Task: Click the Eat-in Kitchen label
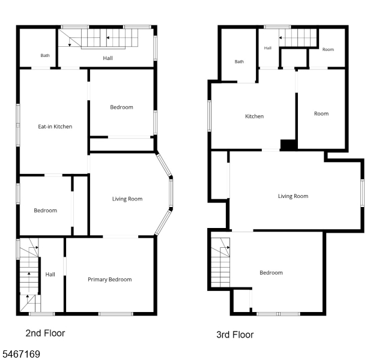[55, 127]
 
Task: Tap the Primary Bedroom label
[110, 280]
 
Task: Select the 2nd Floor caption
[45, 333]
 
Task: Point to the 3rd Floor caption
[235, 335]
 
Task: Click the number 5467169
[21, 354]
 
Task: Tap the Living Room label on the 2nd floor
[127, 199]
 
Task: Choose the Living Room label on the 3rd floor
[293, 196]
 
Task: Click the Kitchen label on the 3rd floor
[254, 116]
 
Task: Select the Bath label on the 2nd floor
[45, 56]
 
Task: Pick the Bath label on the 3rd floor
[239, 62]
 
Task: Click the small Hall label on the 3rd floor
[268, 48]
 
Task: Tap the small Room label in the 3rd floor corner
[328, 49]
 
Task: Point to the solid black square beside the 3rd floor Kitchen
[288, 145]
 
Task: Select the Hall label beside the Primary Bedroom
[50, 275]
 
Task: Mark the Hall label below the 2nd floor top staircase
[108, 58]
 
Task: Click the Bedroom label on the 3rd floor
[271, 273]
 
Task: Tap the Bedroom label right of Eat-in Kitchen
[121, 107]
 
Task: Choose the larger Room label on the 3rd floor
[321, 114]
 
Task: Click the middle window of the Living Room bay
[171, 193]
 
